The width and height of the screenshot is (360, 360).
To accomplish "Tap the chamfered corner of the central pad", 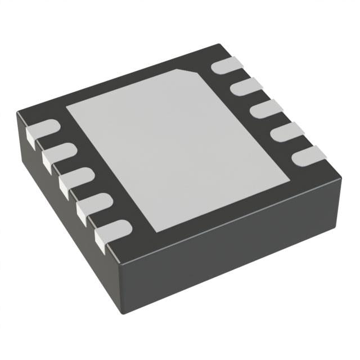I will coord(188,73).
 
